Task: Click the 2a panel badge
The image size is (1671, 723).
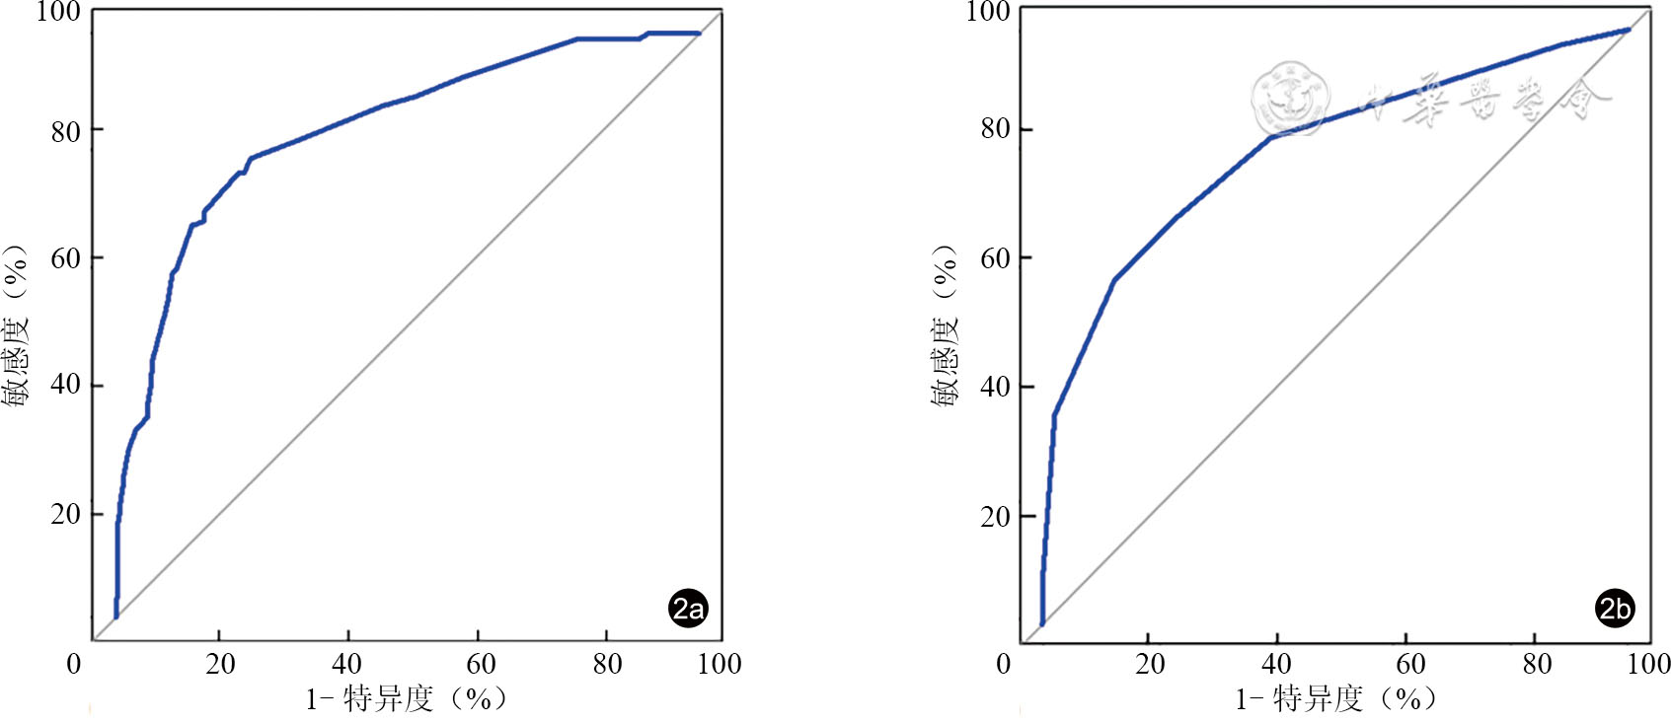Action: (x=688, y=608)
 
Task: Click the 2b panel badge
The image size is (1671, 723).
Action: (x=1615, y=608)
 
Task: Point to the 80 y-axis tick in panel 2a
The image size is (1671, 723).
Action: (x=65, y=131)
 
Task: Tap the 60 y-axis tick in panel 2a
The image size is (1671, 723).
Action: (x=65, y=258)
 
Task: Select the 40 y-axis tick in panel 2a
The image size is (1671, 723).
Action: (x=65, y=386)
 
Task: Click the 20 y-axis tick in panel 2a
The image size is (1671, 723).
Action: (x=65, y=514)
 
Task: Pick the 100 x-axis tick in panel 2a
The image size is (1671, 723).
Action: (x=720, y=664)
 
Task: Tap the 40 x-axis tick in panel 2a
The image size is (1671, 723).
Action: (x=347, y=664)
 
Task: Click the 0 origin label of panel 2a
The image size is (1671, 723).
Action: (x=74, y=664)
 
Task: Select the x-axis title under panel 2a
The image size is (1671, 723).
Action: (x=407, y=699)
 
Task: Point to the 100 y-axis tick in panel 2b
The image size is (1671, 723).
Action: (x=987, y=12)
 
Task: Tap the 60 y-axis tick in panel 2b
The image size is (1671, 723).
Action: (x=995, y=258)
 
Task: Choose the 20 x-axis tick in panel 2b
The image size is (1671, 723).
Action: (x=1150, y=664)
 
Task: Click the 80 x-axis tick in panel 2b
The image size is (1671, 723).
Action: (x=1536, y=664)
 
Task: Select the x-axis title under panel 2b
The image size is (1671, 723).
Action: (x=1336, y=699)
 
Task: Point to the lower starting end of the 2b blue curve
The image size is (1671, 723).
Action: (x=1042, y=622)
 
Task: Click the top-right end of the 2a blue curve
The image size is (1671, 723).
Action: (x=699, y=34)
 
